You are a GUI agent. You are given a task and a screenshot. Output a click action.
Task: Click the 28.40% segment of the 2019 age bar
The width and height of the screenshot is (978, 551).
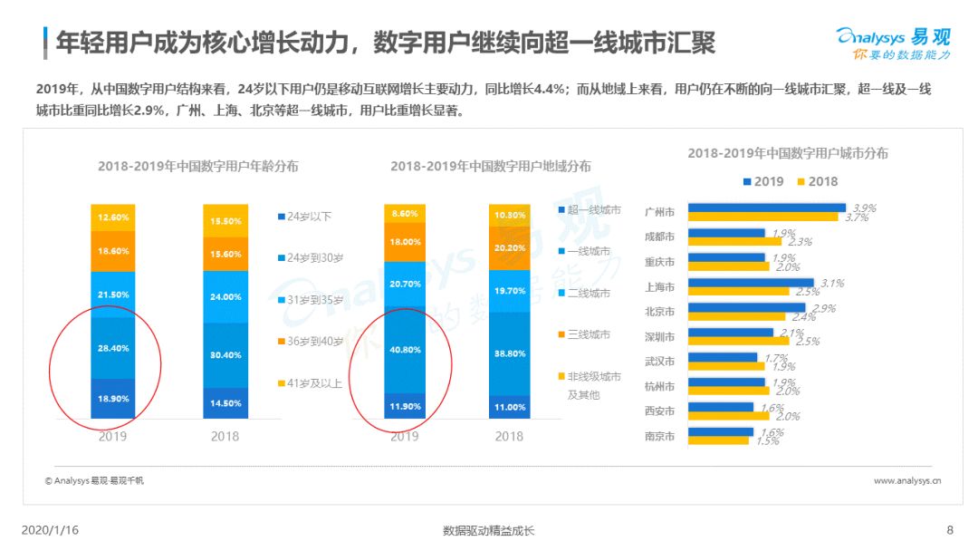[113, 348]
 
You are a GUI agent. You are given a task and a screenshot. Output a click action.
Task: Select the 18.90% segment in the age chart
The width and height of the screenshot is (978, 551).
[113, 398]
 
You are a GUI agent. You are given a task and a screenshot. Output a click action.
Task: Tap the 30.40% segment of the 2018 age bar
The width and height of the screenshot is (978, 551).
[225, 355]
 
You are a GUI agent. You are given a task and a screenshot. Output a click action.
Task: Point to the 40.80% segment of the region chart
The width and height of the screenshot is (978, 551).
[405, 350]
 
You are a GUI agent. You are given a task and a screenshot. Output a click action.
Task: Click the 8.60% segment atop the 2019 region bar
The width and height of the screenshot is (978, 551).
[405, 213]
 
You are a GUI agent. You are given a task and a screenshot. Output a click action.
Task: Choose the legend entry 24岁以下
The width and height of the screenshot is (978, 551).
[305, 217]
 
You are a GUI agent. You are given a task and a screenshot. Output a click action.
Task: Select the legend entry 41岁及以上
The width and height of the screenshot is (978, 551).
[310, 383]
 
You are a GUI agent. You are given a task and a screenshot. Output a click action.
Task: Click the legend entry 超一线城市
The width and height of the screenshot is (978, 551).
[590, 209]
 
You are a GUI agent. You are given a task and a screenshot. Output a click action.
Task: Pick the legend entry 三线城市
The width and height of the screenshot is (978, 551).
[584, 334]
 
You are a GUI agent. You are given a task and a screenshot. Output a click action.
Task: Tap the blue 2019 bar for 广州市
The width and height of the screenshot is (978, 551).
[767, 208]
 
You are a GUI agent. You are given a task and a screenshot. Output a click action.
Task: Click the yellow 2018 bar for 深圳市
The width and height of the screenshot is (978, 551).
[739, 341]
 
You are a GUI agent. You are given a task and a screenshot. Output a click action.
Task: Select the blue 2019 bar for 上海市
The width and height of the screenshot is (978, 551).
[751, 283]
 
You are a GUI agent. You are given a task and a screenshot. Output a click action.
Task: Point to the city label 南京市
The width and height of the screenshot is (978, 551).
[659, 436]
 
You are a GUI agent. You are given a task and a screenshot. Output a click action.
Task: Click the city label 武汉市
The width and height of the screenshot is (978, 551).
[659, 362]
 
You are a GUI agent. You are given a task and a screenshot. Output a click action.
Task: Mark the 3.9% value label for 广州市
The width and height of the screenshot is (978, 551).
[865, 208]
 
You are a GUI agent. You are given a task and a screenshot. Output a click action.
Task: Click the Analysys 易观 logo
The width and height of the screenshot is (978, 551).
[894, 43]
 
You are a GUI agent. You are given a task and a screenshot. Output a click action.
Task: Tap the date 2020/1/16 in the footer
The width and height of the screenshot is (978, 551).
[50, 530]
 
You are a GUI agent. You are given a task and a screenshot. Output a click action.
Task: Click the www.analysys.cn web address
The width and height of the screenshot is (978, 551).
[907, 480]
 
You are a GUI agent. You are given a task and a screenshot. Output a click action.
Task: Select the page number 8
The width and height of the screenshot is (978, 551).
[950, 530]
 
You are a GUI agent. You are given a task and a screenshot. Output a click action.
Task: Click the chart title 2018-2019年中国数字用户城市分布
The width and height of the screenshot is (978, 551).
[788, 153]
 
